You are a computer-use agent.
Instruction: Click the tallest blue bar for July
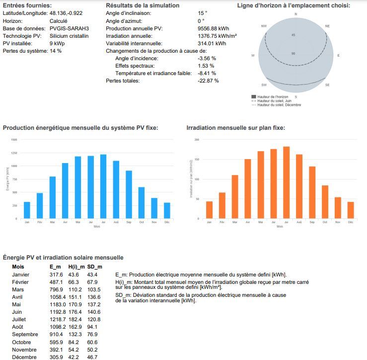(x=103, y=186)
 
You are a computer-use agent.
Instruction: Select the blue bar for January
(x=27, y=210)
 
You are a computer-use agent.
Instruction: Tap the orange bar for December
(x=351, y=210)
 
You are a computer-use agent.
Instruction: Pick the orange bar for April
(x=247, y=189)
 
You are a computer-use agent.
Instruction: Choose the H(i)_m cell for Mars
(x=74, y=289)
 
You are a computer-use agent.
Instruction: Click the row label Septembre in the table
(x=26, y=334)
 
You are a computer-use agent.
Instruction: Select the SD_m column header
(x=94, y=267)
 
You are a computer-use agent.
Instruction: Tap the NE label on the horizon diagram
(x=327, y=26)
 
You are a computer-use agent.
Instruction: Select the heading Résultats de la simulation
(x=143, y=5)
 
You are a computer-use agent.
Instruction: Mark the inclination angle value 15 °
(x=201, y=12)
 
